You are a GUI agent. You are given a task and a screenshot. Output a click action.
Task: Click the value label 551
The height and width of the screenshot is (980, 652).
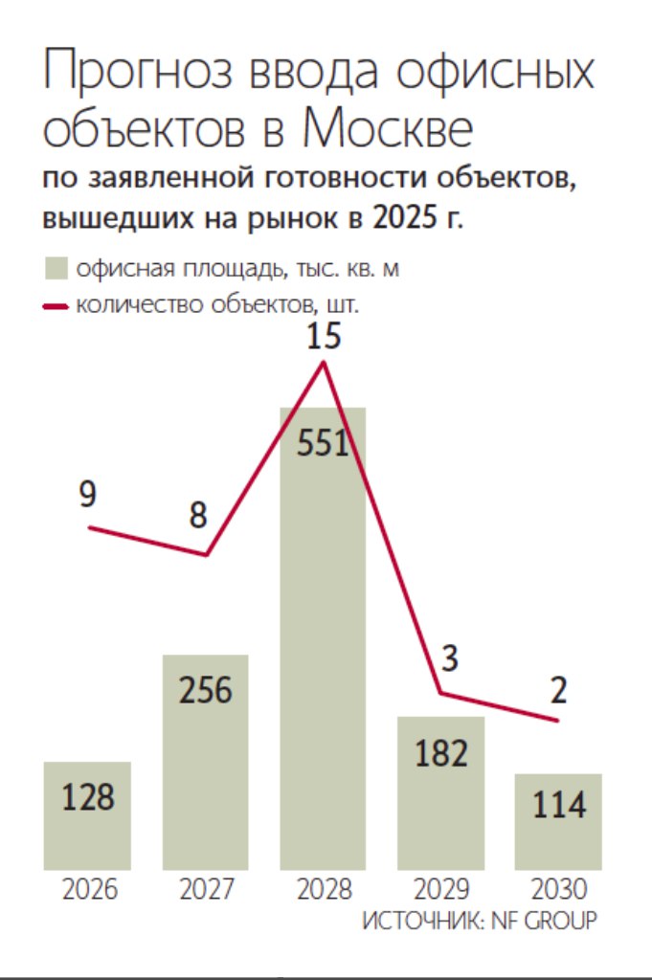[322, 446]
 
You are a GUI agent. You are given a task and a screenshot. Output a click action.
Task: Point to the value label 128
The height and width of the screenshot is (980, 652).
[88, 796]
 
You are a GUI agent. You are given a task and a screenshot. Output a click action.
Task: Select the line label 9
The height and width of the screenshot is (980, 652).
[88, 496]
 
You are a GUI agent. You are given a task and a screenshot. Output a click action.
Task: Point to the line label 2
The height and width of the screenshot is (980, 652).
[558, 689]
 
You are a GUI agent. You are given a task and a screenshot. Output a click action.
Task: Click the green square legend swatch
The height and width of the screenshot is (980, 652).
[56, 269]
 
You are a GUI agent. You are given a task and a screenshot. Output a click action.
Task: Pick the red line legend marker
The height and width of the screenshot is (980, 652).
[56, 306]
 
